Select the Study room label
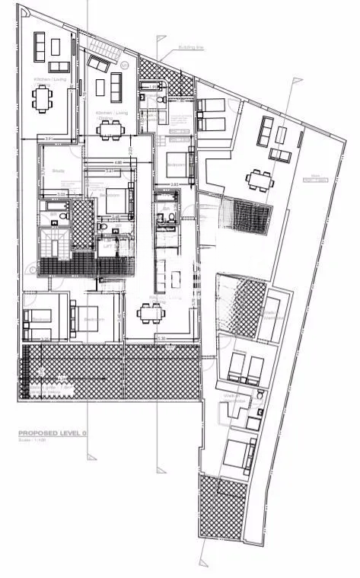[x=59, y=171]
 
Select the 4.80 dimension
[x=117, y=162]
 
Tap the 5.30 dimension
[x=160, y=337]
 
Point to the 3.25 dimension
[x=45, y=340]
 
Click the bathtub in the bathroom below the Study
[x=55, y=206]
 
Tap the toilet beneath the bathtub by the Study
[x=53, y=222]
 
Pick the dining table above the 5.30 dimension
[x=150, y=311]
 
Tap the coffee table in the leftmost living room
[x=56, y=46]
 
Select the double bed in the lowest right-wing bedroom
[x=238, y=455]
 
